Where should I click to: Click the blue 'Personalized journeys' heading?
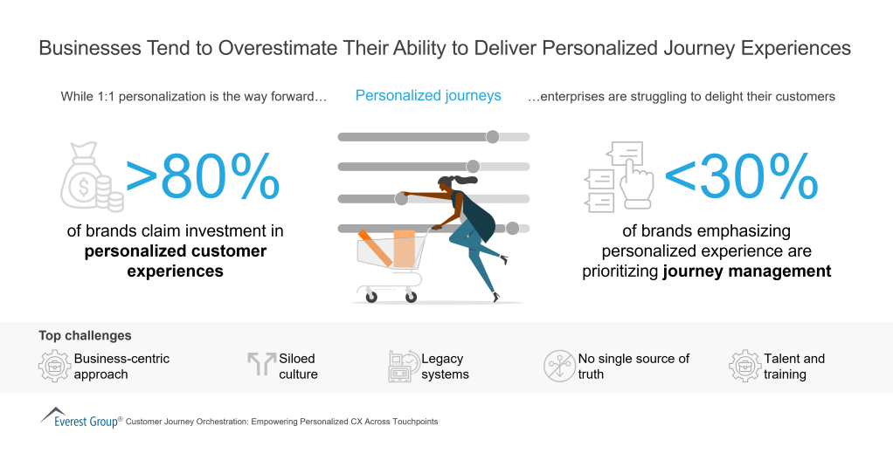point(428,95)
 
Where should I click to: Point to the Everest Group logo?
point(80,417)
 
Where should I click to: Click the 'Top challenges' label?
point(85,335)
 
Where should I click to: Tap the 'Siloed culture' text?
point(298,366)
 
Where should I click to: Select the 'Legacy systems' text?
point(445,366)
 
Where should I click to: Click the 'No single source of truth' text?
point(633,366)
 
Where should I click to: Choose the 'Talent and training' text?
point(793,366)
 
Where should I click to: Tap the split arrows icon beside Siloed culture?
point(261,364)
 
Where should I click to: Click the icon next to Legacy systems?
point(403,366)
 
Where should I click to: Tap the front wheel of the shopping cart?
point(371,296)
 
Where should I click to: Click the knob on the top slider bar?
point(493,136)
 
